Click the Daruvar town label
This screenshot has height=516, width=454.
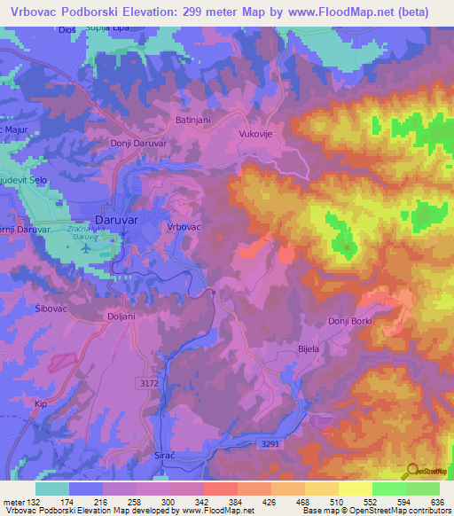tap(114, 217)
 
